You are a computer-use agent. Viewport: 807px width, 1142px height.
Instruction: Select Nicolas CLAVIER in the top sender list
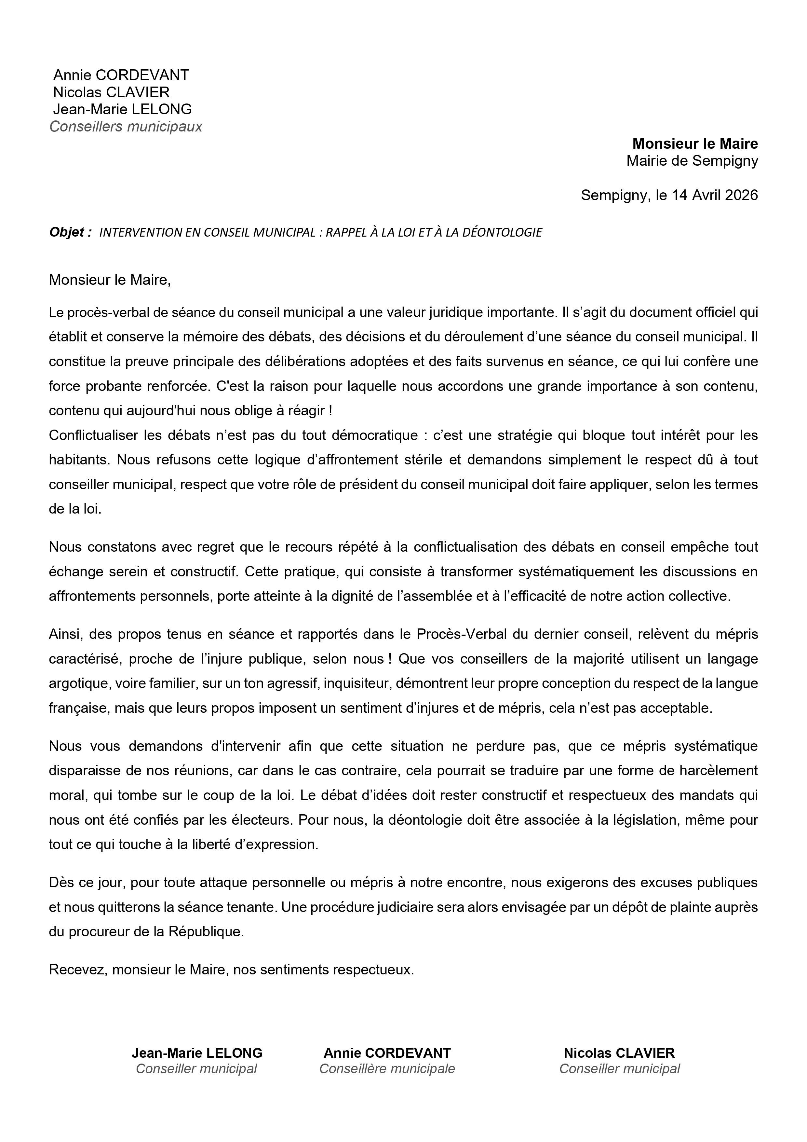click(111, 92)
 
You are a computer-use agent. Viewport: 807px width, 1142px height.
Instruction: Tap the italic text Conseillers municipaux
click(126, 127)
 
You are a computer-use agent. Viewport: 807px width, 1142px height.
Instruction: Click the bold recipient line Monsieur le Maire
click(695, 144)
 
